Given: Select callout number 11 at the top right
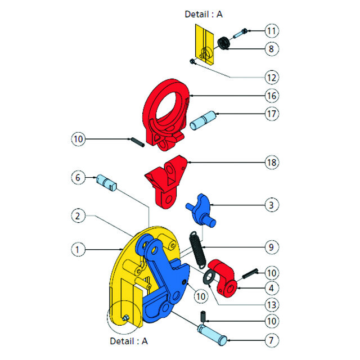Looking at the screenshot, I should point(272,30).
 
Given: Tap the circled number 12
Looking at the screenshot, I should point(272,76).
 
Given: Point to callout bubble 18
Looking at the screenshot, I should point(272,163).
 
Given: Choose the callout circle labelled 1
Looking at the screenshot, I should point(78,248).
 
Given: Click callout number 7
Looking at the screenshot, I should point(272,341).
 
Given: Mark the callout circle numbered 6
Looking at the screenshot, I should point(78,177).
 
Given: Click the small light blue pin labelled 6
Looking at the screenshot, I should point(105,181).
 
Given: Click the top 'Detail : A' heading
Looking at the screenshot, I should point(204,14).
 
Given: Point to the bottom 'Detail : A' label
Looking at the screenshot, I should point(129,341).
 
